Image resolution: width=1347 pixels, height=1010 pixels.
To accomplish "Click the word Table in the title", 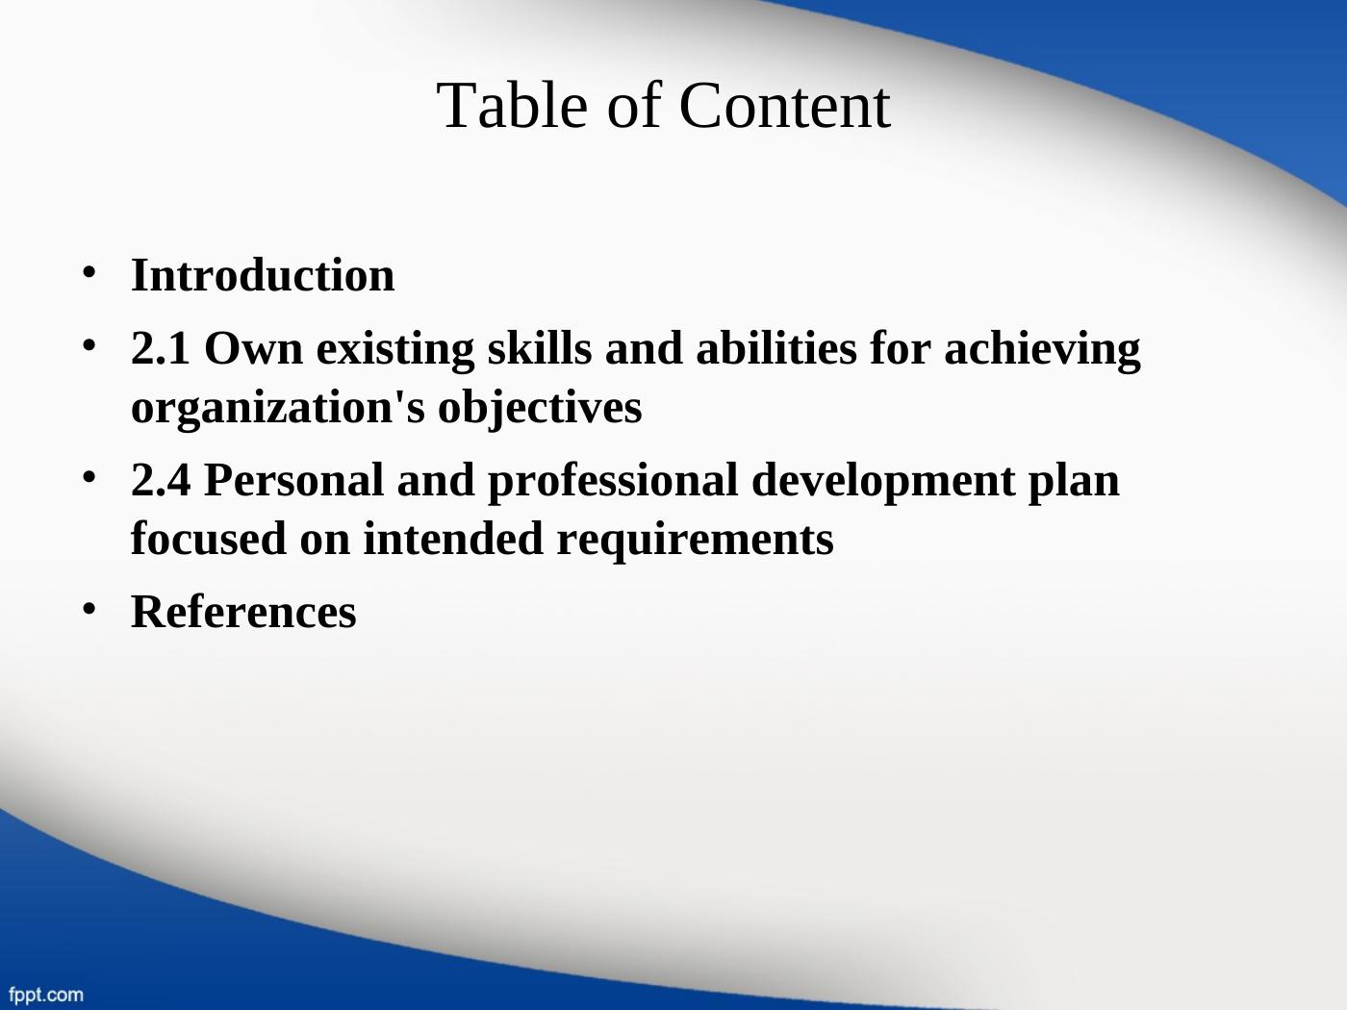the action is pos(512,106).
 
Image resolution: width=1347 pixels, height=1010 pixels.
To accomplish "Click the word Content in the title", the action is pos(784,106).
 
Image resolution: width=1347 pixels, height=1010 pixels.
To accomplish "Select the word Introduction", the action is pos(263,275).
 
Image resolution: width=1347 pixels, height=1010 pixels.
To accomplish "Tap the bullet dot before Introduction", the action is pos(89,272).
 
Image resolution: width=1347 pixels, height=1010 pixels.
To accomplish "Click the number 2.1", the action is pos(160,348).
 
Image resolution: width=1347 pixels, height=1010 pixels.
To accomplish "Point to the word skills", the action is pos(540,347).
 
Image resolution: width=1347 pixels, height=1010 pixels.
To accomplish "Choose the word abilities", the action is pos(776,347).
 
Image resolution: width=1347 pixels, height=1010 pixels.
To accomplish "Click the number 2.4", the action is pos(160,480).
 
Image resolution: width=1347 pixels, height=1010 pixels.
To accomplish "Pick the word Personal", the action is pos(294,480).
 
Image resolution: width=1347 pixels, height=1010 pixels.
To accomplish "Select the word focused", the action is pos(209,538).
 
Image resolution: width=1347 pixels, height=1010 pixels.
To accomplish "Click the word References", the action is pos(243,612).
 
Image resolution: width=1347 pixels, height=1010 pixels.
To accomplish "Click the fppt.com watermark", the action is pos(46,995).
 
